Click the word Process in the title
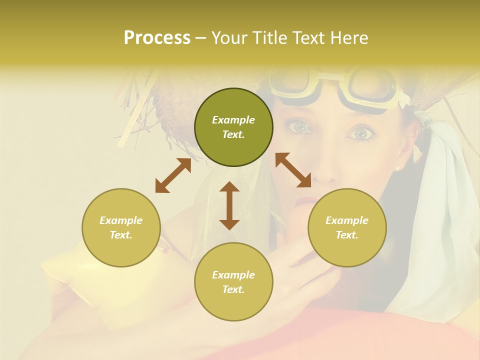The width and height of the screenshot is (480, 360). click(157, 38)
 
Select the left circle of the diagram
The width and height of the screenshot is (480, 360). click(121, 227)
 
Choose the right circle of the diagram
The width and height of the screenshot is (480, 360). click(347, 227)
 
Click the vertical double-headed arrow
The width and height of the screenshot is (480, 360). click(229, 205)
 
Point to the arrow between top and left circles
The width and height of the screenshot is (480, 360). click(173, 175)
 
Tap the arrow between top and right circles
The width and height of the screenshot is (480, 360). click(293, 170)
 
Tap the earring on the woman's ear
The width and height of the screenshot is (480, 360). click(398, 168)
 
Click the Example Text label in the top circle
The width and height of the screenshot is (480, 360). click(233, 127)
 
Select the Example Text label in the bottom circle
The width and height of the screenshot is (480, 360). click(233, 282)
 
